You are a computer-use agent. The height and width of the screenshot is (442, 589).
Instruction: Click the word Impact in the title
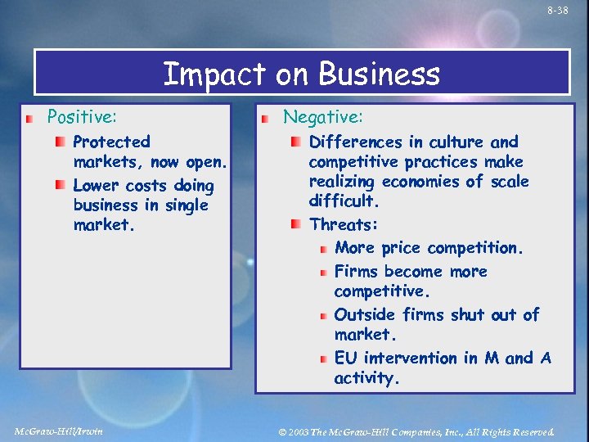point(213,74)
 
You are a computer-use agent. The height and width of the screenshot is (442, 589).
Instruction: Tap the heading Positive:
point(82,118)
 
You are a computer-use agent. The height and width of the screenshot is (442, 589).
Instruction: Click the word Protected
point(111,142)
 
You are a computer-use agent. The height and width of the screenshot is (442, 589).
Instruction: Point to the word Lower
point(97,186)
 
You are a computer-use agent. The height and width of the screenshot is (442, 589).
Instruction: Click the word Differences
point(356,142)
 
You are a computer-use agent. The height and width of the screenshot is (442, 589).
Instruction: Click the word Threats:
point(344,224)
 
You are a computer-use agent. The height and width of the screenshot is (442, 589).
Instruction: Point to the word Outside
point(362,315)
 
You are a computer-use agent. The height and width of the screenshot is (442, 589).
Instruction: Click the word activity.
point(366,378)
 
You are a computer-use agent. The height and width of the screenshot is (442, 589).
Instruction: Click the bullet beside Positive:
point(29,120)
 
